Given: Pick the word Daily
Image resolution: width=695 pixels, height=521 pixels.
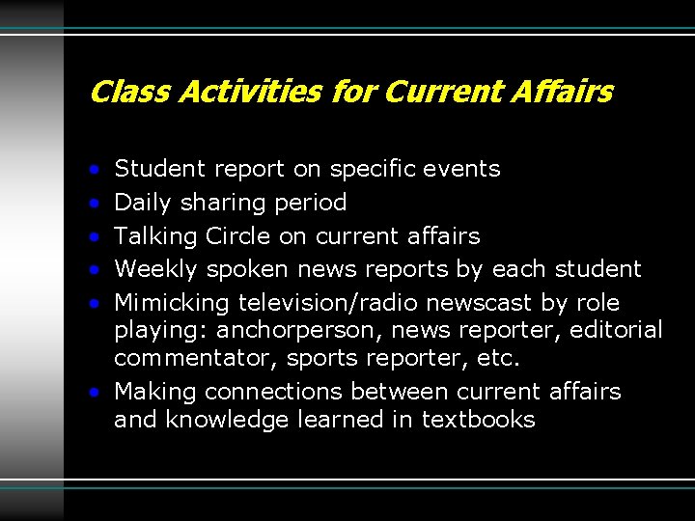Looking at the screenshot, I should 143,203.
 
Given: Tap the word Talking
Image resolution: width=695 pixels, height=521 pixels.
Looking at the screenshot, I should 153,236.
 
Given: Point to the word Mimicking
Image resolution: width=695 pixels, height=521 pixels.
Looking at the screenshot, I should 172,303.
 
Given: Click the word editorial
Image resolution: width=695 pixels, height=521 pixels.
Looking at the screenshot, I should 616,330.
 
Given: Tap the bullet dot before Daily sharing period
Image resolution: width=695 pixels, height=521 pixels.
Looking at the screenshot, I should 95,204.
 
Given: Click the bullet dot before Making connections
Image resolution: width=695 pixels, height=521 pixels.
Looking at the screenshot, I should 95,393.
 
